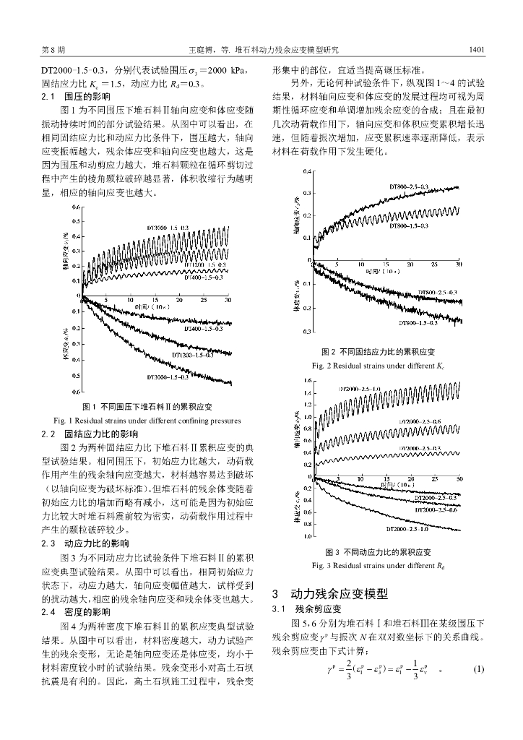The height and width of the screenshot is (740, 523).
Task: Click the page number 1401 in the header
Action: pyautogui.click(x=475, y=50)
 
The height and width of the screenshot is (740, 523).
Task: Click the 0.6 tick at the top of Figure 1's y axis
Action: pyautogui.click(x=76, y=207)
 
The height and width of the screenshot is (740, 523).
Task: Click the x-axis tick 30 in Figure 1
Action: pyautogui.click(x=228, y=300)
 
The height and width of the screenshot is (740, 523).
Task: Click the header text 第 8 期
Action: pyautogui.click(x=54, y=50)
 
